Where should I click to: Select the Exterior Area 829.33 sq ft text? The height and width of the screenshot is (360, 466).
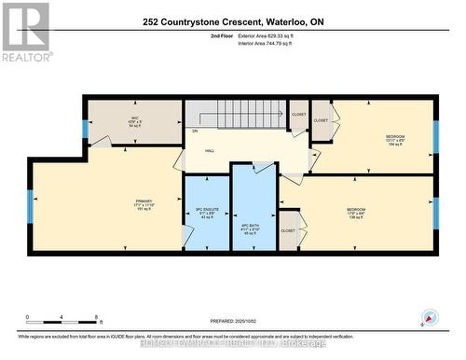(x=278, y=35)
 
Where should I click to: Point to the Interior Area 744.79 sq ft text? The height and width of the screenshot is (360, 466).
(x=277, y=43)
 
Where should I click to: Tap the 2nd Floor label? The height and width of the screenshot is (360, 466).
(x=222, y=35)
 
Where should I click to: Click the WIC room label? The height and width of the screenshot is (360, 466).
(x=134, y=120)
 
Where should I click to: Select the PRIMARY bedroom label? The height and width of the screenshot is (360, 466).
(x=143, y=203)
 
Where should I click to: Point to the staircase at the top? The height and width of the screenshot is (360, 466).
(x=244, y=114)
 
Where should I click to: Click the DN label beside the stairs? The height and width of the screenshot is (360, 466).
(x=196, y=132)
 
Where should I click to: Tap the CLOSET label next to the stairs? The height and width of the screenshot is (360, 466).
(x=298, y=115)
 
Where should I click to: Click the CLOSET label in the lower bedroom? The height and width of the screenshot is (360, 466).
(x=288, y=229)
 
